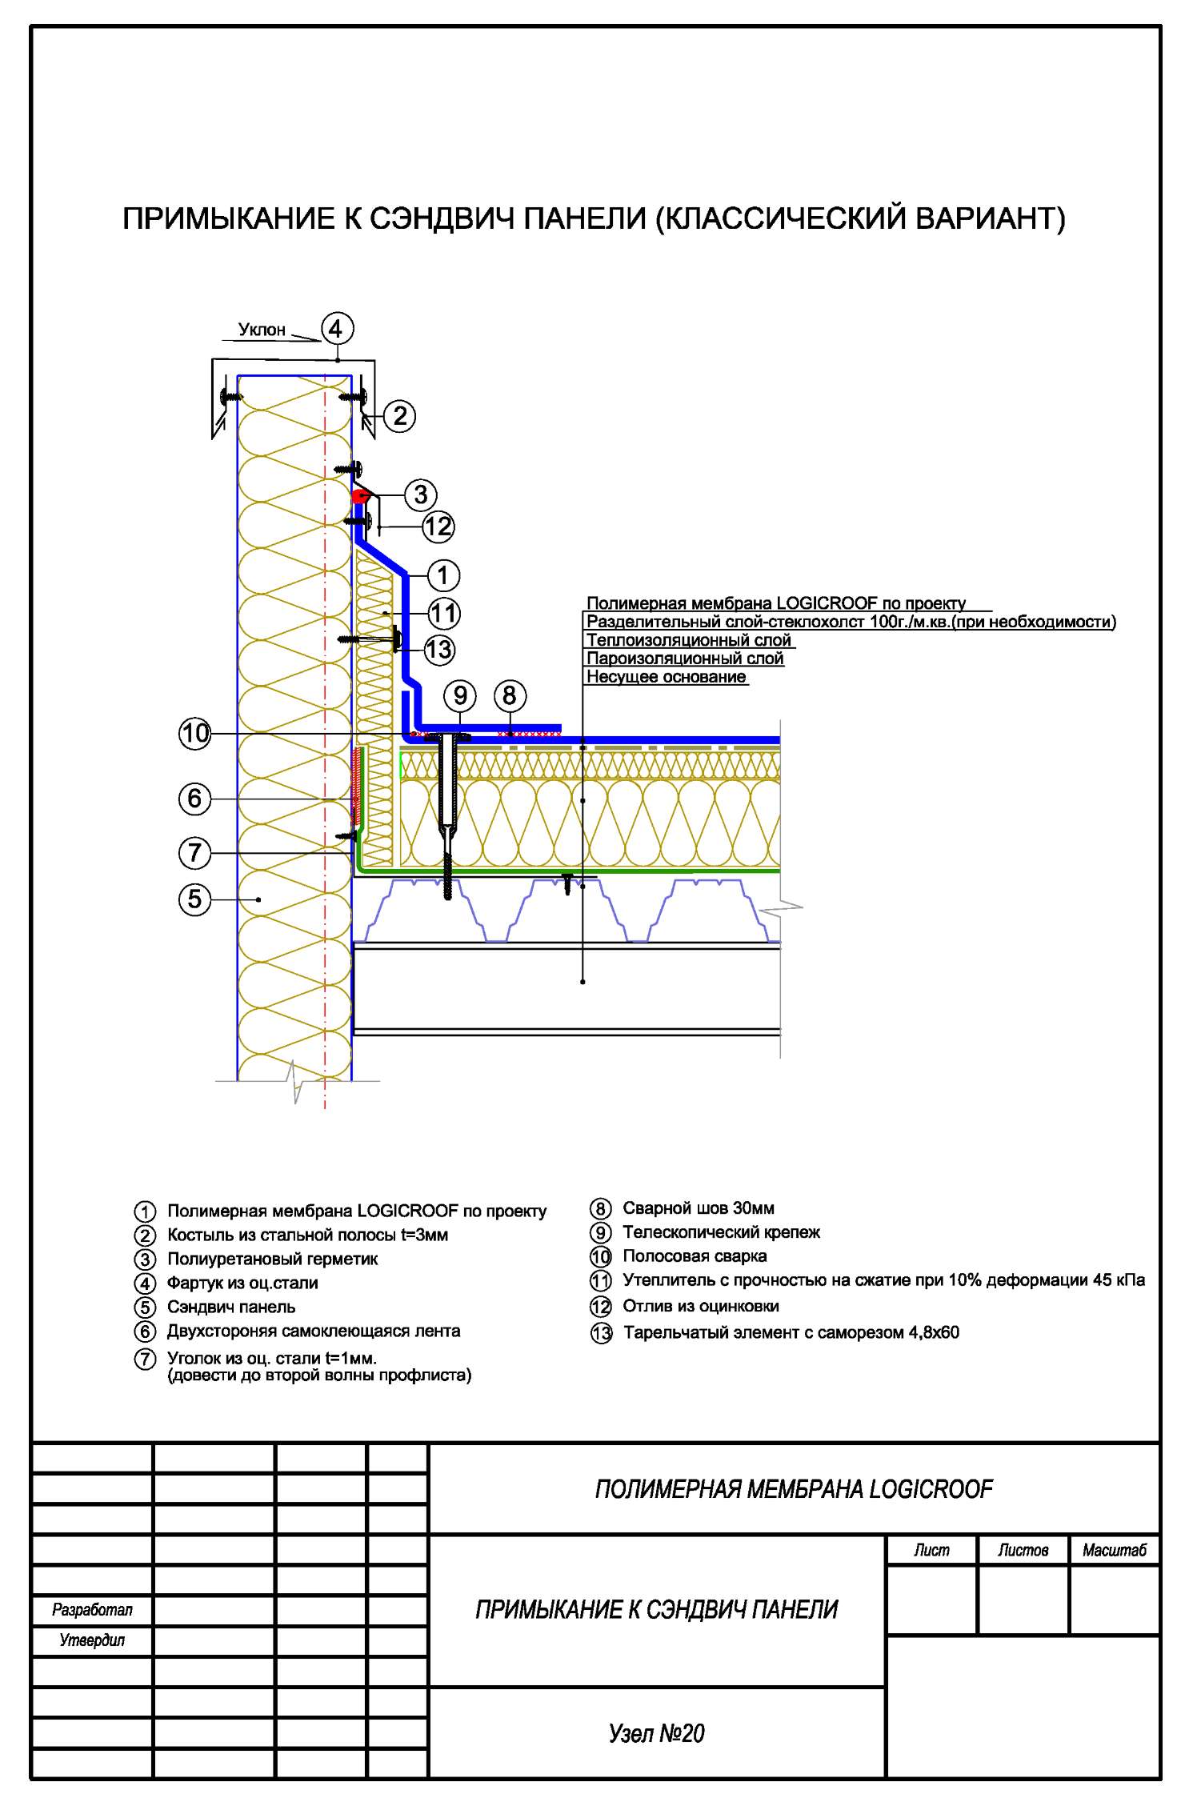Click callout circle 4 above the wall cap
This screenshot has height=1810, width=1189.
(336, 329)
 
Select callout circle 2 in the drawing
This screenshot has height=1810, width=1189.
(399, 416)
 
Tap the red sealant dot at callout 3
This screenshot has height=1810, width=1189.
(359, 497)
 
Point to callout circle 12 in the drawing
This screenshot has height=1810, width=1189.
(438, 527)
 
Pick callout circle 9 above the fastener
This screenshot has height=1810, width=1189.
(460, 695)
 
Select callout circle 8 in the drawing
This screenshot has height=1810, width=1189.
(510, 695)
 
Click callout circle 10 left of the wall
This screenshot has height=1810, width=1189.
(194, 734)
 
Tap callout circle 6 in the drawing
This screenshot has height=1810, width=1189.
(194, 798)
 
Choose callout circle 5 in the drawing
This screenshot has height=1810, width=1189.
(194, 899)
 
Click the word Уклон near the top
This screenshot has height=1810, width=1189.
(262, 330)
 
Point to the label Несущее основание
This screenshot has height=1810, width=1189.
(667, 677)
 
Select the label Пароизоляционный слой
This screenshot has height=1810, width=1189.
(685, 659)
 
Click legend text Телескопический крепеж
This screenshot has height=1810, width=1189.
(722, 1232)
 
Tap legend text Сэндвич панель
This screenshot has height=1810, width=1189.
(231, 1307)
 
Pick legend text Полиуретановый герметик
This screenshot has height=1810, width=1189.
(273, 1259)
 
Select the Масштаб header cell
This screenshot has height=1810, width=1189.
(1115, 1551)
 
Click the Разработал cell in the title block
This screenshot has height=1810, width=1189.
(92, 1610)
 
